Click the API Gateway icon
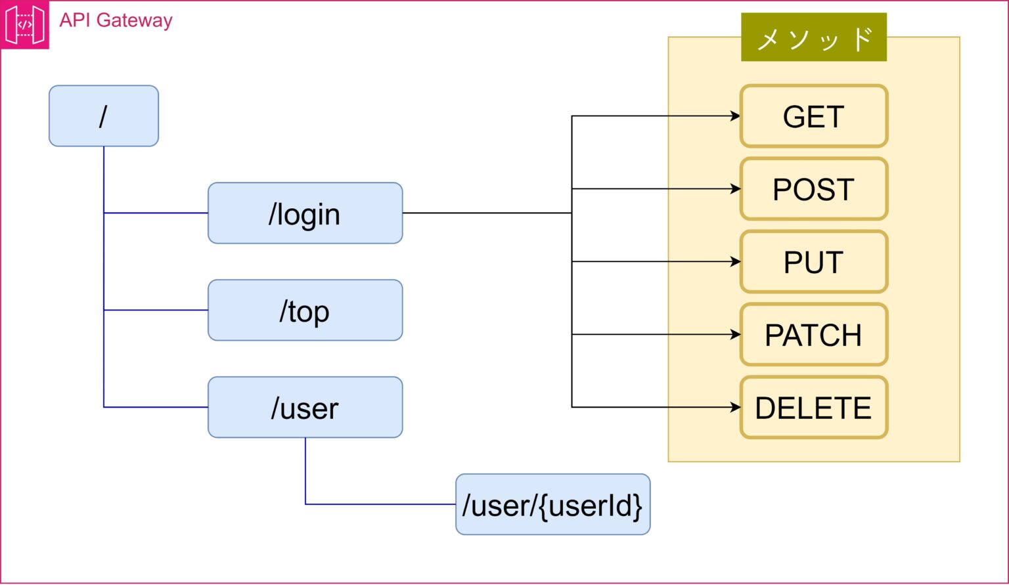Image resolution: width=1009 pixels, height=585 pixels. [24, 24]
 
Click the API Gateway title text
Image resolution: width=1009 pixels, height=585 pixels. [116, 20]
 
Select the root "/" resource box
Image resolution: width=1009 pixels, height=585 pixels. [104, 116]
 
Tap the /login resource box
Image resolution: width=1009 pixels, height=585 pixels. [305, 213]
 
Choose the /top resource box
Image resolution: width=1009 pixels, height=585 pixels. [305, 311]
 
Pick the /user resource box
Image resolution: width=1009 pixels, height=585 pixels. [305, 407]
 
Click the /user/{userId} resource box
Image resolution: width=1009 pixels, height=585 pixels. [552, 504]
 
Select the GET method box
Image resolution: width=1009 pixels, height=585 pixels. [814, 116]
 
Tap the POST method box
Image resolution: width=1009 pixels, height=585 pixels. [814, 188]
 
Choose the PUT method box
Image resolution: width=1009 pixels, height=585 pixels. [814, 262]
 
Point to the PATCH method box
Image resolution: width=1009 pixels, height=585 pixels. [814, 335]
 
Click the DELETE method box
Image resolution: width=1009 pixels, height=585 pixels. [814, 407]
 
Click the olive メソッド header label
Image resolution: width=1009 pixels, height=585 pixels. [814, 37]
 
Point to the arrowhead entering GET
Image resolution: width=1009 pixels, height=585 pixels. [736, 116]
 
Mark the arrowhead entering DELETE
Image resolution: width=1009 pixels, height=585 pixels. [736, 407]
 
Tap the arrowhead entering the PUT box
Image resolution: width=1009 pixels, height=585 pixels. [736, 262]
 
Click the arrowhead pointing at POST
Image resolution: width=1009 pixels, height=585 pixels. [736, 188]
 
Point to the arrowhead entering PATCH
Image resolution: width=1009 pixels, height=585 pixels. [736, 335]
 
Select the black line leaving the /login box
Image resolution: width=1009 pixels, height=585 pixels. [487, 213]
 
